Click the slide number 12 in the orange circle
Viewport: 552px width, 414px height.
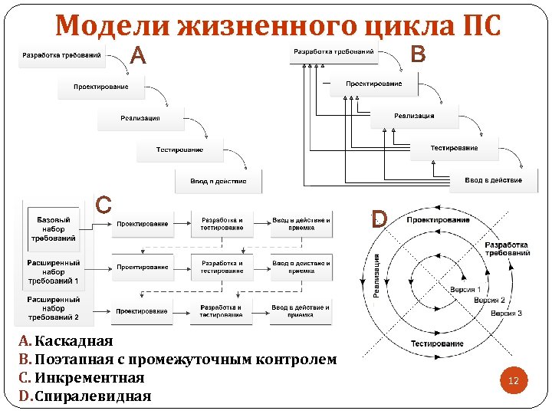point(514,380)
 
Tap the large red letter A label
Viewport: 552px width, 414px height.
point(138,56)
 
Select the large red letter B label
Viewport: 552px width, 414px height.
point(418,54)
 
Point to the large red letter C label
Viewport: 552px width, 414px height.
point(103,205)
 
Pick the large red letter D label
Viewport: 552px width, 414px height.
point(378,221)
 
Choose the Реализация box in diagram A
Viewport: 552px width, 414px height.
point(140,118)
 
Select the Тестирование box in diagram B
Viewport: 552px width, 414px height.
point(454,148)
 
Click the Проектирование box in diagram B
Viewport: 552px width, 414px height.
point(373,84)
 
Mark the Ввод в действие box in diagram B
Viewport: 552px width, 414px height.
point(493,180)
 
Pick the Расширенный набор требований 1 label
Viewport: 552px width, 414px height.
point(54,272)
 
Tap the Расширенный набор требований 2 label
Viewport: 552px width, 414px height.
point(54,308)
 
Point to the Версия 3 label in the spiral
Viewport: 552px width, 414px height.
point(507,314)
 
